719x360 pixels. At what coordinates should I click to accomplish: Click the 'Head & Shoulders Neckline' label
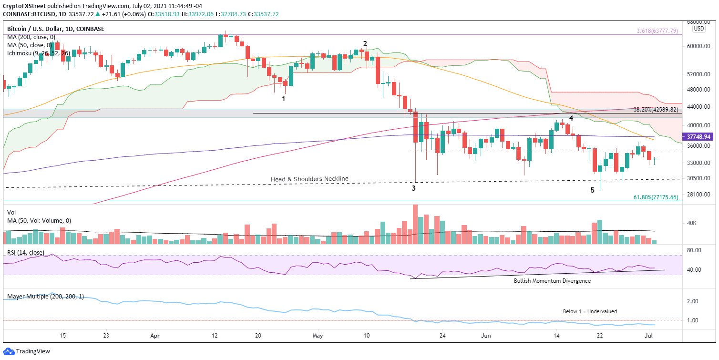[309, 179]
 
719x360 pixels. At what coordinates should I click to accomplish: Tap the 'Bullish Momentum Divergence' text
[552, 281]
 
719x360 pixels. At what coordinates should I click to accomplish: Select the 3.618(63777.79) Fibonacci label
[657, 31]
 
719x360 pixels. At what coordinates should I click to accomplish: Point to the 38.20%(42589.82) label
[656, 109]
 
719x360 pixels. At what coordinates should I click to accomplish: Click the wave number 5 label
[593, 190]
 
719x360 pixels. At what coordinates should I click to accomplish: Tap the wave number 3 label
[414, 188]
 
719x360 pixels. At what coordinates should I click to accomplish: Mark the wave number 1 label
[284, 99]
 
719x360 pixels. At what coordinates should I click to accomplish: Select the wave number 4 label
[571, 118]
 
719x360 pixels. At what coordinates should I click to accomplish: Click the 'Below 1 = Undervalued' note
[590, 311]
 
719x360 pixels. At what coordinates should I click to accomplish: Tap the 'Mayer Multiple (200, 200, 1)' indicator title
[46, 296]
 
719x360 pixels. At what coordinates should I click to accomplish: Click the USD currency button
[699, 29]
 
